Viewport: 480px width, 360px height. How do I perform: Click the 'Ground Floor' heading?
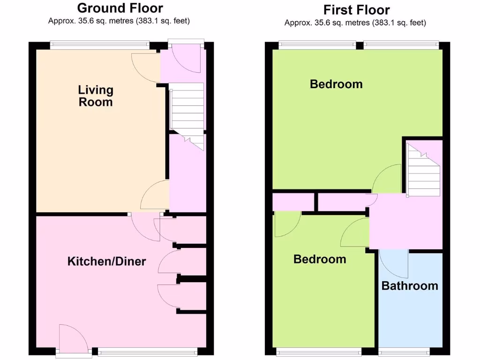coord(120,8)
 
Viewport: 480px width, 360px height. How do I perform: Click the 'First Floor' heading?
coord(356,9)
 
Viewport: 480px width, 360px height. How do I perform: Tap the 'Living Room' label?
coord(96,96)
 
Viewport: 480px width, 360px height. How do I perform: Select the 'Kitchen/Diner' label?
coord(106,262)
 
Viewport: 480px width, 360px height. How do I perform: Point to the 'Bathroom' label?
coord(410,286)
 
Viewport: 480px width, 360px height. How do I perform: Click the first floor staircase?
coord(424,171)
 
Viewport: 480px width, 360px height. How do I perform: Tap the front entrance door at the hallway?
coord(186,57)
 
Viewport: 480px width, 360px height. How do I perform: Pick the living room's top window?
coord(99,45)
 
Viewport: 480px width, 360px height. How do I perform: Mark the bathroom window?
coord(404,351)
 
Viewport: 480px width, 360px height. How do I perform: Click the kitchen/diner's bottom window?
coord(148,351)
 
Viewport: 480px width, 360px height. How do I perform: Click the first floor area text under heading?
coord(355,22)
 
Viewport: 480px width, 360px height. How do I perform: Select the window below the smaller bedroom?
coord(319,351)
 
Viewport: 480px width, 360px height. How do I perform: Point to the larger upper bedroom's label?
coord(336,84)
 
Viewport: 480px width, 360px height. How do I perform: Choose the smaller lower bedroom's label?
coord(320,259)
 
